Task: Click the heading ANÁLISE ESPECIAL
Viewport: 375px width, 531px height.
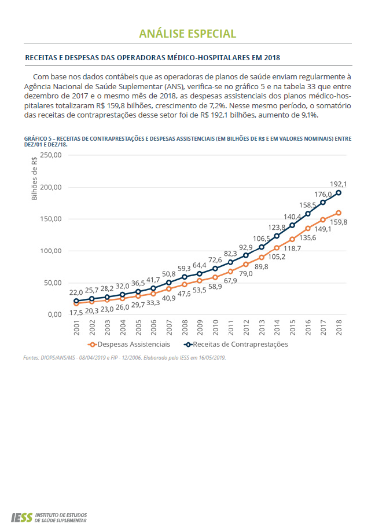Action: click(187, 34)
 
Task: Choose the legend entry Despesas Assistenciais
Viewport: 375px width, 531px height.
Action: click(134, 344)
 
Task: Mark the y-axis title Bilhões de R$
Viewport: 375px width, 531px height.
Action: click(34, 178)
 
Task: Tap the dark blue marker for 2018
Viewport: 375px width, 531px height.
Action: click(339, 192)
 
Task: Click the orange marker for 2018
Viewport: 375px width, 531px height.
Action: click(339, 213)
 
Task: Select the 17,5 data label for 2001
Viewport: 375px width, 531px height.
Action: click(76, 313)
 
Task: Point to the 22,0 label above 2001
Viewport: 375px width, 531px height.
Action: click(76, 293)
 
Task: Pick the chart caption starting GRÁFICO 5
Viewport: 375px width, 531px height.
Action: click(187, 141)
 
